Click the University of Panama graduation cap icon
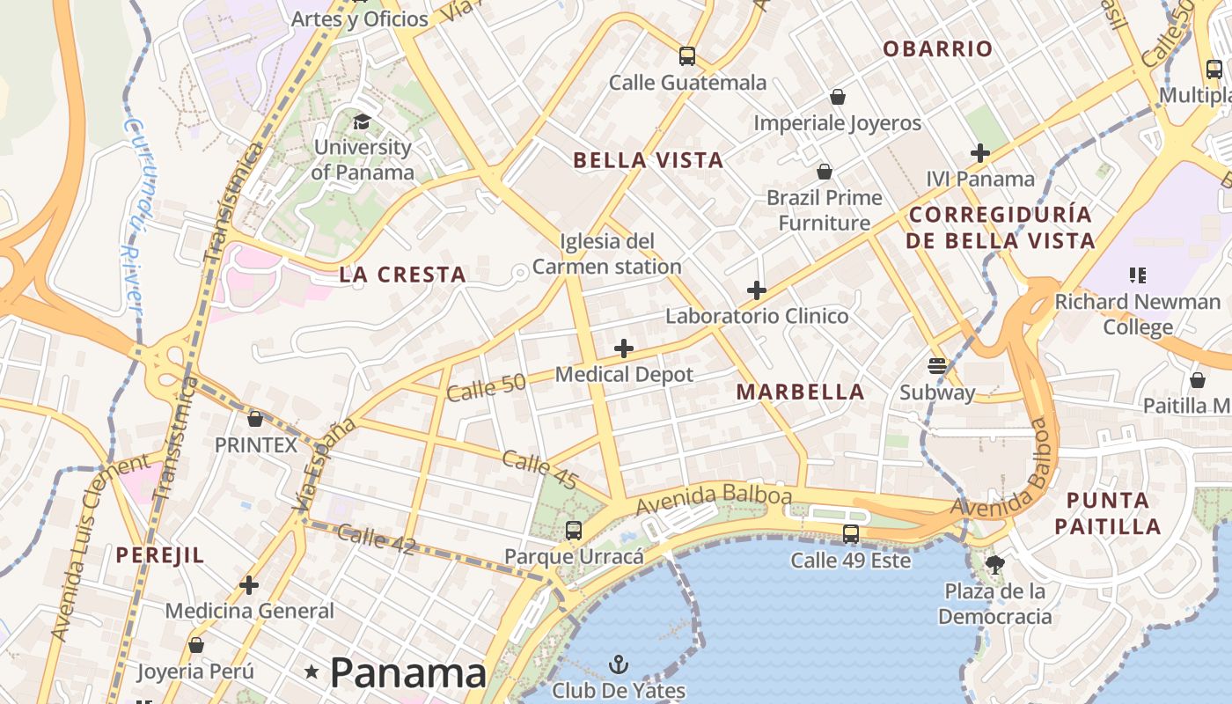362,121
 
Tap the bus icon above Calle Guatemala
687,56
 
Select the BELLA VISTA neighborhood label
649,160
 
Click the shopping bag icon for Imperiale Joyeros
838,96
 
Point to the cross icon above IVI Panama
980,153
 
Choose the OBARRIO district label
938,49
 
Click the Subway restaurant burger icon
937,365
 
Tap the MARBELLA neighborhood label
801,392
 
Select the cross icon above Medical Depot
624,348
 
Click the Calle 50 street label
486,386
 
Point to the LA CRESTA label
403,275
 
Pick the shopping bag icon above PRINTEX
255,419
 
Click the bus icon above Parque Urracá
574,530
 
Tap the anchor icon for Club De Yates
619,664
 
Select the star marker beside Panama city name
312,672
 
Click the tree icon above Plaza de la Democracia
995,564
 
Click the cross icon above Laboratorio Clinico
757,290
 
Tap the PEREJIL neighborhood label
160,555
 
